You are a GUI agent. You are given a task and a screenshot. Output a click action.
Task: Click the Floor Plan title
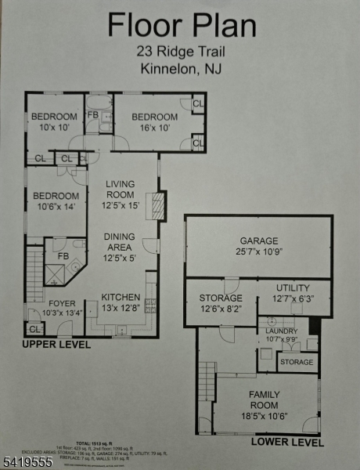[181, 26]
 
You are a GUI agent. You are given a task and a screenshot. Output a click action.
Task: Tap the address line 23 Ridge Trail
[181, 52]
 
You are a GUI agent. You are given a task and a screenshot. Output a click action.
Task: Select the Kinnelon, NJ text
[181, 68]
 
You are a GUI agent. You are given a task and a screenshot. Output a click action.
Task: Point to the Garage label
[259, 248]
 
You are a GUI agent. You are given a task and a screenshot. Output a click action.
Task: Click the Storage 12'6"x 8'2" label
[221, 303]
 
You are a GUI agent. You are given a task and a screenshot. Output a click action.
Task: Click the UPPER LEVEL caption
[56, 345]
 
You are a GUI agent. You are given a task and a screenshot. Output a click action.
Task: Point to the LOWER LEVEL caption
[286, 443]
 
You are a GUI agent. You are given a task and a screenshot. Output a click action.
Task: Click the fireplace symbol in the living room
[159, 206]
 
